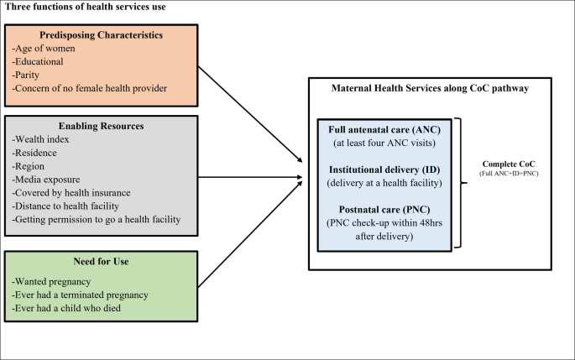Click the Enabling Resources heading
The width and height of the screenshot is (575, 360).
(101, 125)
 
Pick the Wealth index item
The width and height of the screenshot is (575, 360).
(41, 139)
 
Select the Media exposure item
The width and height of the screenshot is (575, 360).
(48, 180)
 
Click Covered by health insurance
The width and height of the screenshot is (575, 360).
(71, 193)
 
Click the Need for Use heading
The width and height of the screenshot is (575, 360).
(101, 261)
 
